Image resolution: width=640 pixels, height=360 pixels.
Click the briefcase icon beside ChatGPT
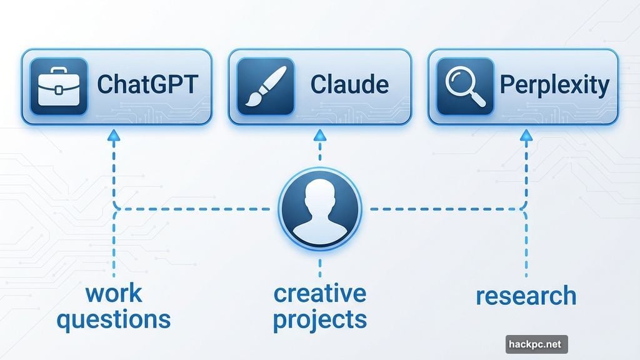[59, 86]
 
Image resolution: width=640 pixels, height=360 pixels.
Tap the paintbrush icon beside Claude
[265, 86]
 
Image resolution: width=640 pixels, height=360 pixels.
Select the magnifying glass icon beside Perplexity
[465, 86]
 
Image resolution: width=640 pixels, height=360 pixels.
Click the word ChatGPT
[147, 84]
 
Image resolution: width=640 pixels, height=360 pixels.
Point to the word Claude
[349, 84]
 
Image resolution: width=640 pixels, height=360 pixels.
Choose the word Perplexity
[554, 86]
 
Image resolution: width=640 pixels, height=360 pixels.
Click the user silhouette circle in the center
[319, 209]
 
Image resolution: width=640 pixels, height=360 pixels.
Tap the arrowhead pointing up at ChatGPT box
[114, 136]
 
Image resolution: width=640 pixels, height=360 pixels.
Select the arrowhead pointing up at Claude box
[320, 136]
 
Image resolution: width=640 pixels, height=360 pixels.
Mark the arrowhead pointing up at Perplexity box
[526, 136]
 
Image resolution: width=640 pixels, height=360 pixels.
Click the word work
[114, 294]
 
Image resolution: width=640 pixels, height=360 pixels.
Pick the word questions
[114, 320]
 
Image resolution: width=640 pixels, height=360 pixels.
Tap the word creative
[320, 294]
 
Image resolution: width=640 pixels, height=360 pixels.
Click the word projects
[320, 320]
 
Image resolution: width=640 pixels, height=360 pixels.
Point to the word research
[526, 296]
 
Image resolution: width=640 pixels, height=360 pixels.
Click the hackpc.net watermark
[536, 344]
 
